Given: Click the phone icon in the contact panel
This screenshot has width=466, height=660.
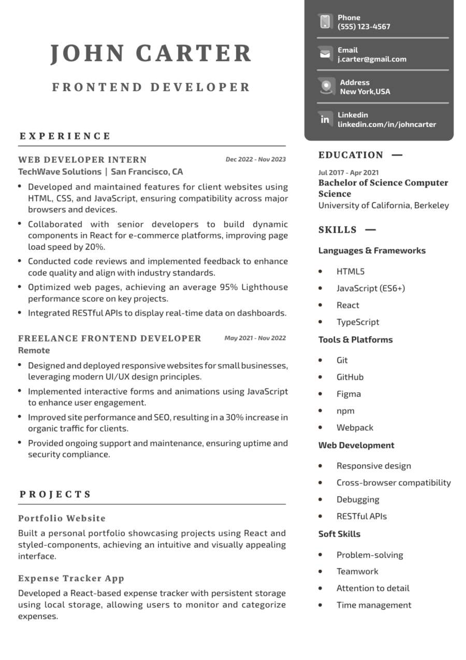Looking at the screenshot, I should (325, 22).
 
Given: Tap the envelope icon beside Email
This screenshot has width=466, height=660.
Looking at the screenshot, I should (325, 54).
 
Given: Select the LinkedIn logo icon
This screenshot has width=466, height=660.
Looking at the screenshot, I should (325, 119).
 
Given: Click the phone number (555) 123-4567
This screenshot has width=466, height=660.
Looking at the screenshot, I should (364, 26).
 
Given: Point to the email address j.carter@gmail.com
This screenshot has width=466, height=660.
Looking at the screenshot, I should (372, 59).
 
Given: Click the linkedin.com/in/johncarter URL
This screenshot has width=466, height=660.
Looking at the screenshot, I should (387, 124).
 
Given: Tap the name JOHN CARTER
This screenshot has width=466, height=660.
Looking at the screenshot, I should (151, 53).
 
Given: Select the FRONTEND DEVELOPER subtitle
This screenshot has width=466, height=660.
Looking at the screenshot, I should (151, 87).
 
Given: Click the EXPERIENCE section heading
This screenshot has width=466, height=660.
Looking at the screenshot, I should (65, 136).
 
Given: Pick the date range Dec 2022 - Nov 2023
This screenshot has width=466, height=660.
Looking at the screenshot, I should (255, 160).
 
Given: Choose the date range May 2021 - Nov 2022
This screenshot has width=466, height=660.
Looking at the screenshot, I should (255, 338).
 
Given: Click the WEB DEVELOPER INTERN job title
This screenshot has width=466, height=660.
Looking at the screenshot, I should (82, 160).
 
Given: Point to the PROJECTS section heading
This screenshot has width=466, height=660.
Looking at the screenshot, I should (55, 494).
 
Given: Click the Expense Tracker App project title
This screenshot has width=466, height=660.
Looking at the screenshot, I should (71, 578).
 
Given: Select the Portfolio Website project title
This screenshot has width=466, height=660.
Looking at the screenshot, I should (62, 518).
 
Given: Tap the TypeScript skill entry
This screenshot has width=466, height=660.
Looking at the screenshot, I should (358, 322).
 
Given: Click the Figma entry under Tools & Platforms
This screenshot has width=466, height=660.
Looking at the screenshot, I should (348, 394).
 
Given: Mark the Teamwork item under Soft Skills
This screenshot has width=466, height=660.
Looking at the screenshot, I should (357, 571).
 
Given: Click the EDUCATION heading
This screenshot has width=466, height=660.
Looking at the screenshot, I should (351, 155).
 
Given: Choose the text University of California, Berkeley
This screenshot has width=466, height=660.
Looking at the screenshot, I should (384, 206).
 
